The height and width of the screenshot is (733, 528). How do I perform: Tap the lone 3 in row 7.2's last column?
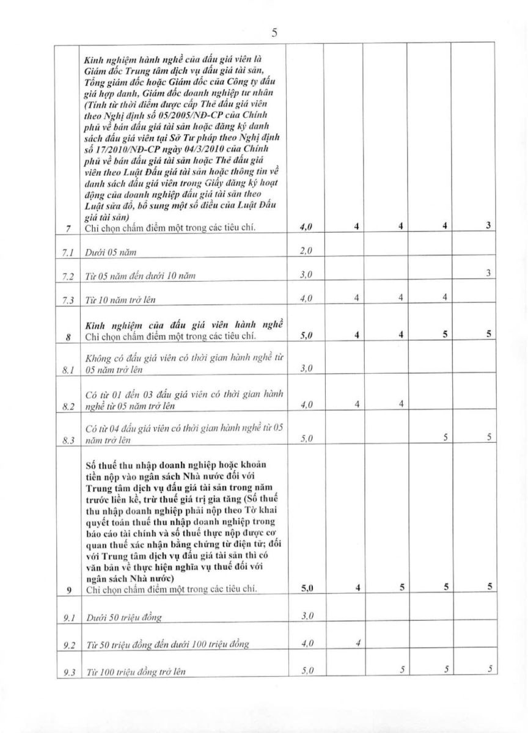pyautogui.click(x=488, y=274)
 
